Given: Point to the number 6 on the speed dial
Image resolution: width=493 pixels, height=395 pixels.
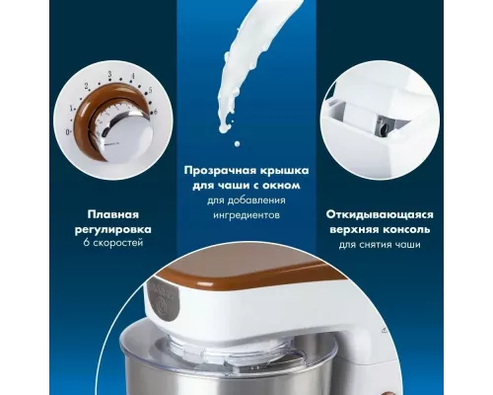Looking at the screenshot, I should tap(153, 113).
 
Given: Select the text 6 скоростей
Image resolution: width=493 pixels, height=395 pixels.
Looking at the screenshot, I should tap(111, 243).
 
